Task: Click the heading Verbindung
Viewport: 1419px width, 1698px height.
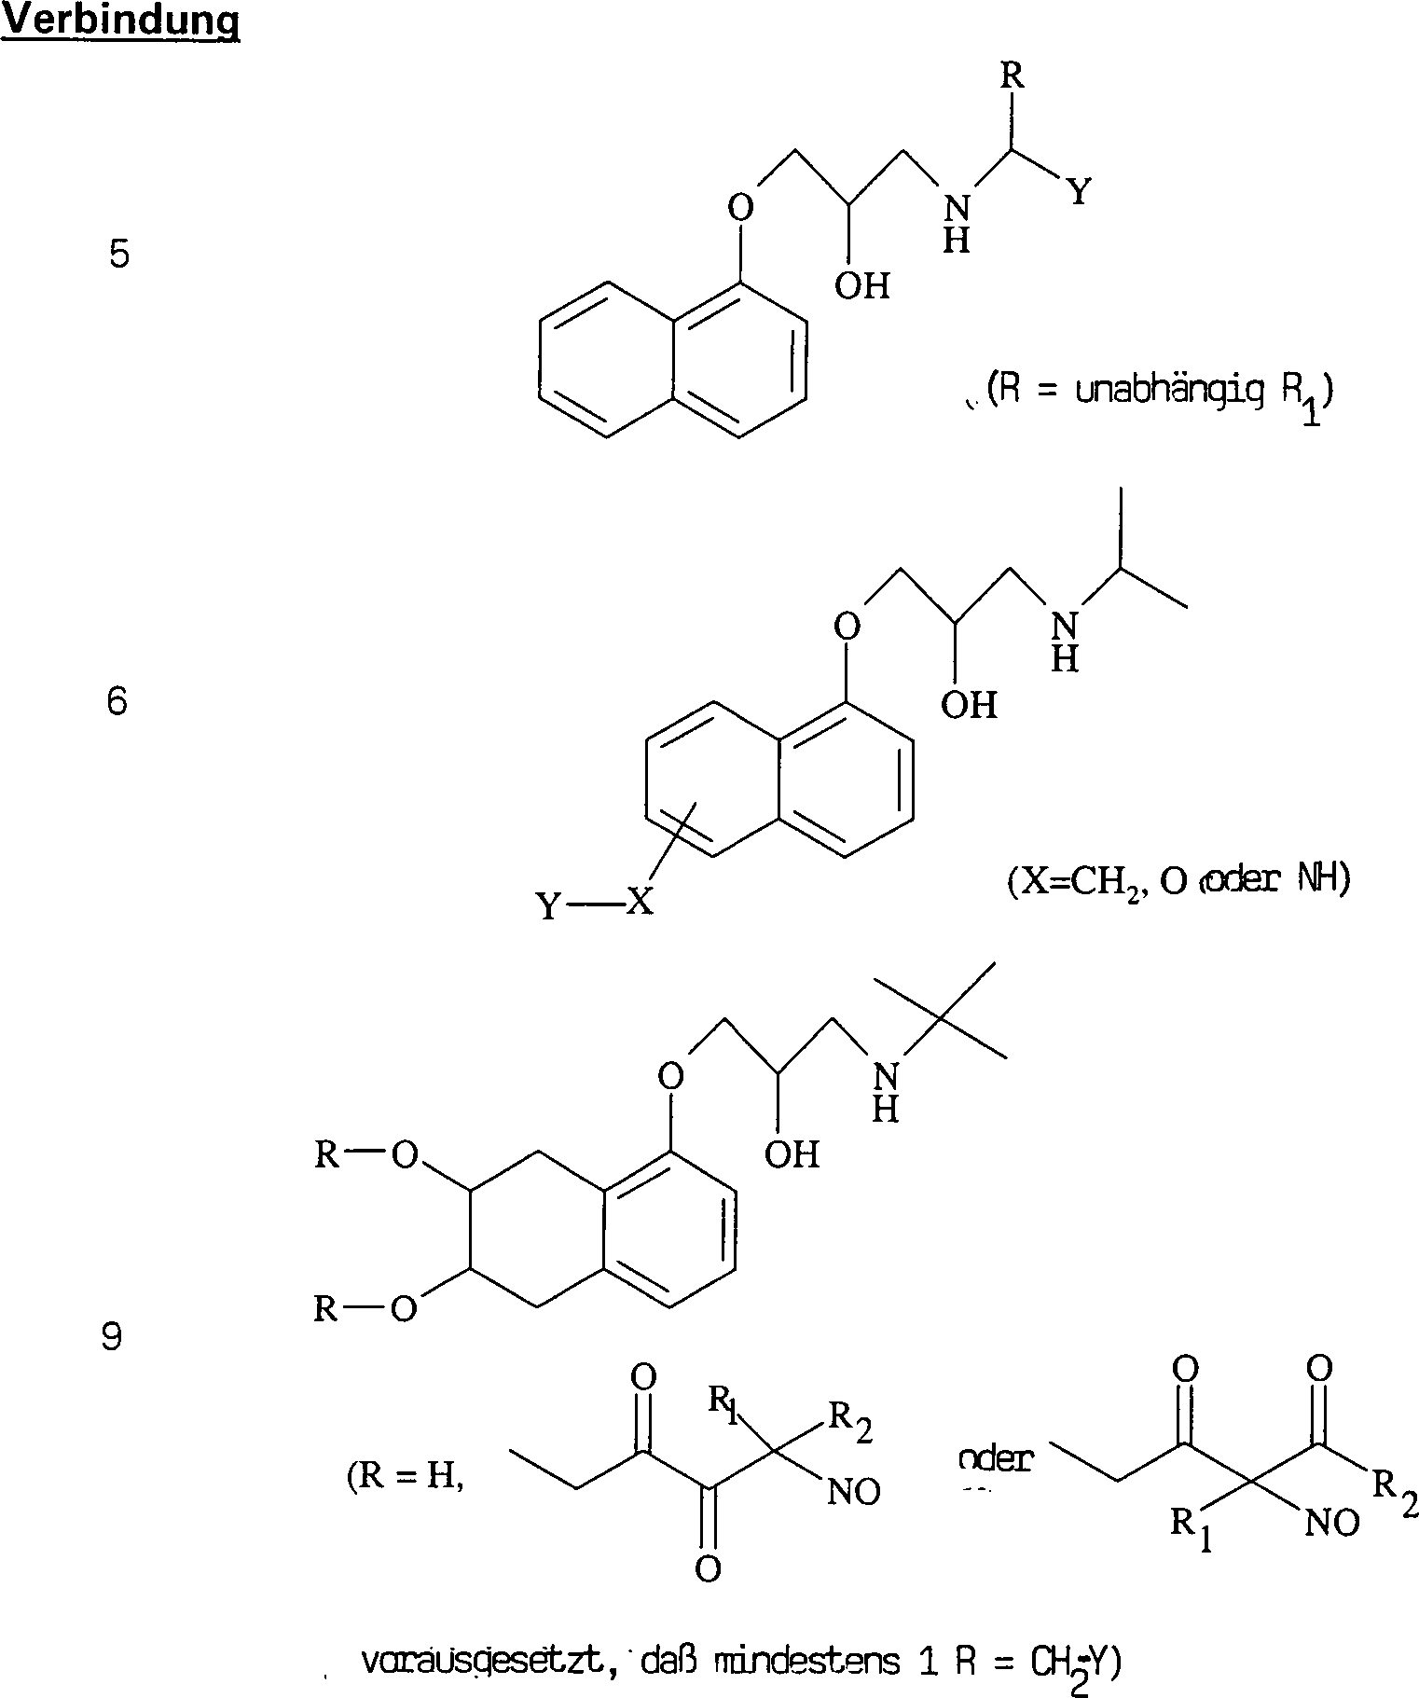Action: pos(120,21)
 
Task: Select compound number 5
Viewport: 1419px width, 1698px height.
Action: pos(118,254)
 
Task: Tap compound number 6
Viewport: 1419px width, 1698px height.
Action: pos(117,700)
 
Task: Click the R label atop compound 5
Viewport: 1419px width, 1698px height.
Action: pos(1012,76)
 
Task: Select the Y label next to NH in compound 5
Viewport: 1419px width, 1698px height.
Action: pos(1078,192)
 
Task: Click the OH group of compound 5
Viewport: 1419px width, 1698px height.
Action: pos(861,285)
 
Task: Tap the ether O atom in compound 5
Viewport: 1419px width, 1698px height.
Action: pos(739,207)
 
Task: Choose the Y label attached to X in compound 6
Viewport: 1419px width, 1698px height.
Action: pos(548,905)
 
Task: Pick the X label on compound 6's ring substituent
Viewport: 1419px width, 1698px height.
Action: pos(639,902)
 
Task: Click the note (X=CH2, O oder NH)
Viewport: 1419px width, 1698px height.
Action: pos(1178,882)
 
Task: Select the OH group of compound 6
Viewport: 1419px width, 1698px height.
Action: pos(969,705)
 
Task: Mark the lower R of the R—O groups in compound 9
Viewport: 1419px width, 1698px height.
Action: pos(325,1309)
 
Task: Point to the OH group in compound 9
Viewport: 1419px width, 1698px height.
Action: pos(792,1155)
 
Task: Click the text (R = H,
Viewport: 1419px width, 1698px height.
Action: pos(405,1478)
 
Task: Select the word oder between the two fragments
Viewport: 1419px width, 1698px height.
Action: pos(995,1459)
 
